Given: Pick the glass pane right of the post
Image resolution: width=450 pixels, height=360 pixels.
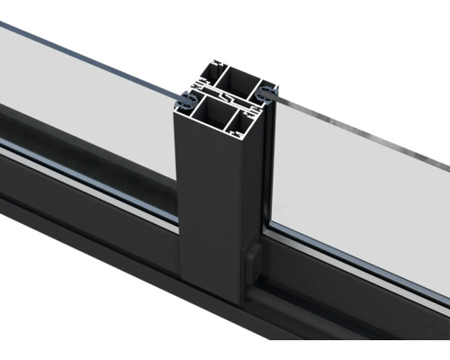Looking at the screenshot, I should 360,180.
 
